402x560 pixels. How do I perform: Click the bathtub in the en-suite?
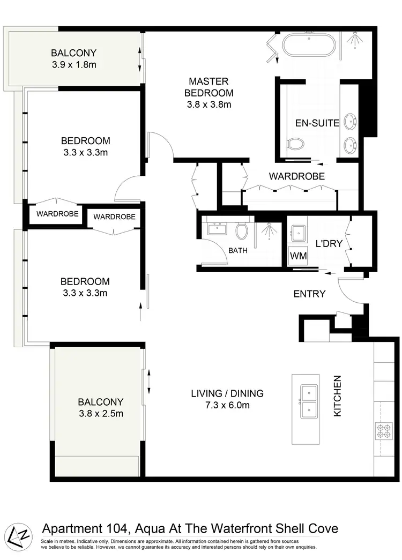(309, 46)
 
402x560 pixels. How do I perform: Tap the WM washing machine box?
(299, 256)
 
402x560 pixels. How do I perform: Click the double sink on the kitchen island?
(308, 402)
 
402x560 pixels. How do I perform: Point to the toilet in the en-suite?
(295, 143)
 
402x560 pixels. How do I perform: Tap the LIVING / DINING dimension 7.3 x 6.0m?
(227, 405)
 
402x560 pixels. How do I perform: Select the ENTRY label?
(309, 294)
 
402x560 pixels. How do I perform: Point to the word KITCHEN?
(338, 396)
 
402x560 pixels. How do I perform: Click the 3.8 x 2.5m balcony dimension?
(100, 413)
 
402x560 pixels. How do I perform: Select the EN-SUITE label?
(317, 123)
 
